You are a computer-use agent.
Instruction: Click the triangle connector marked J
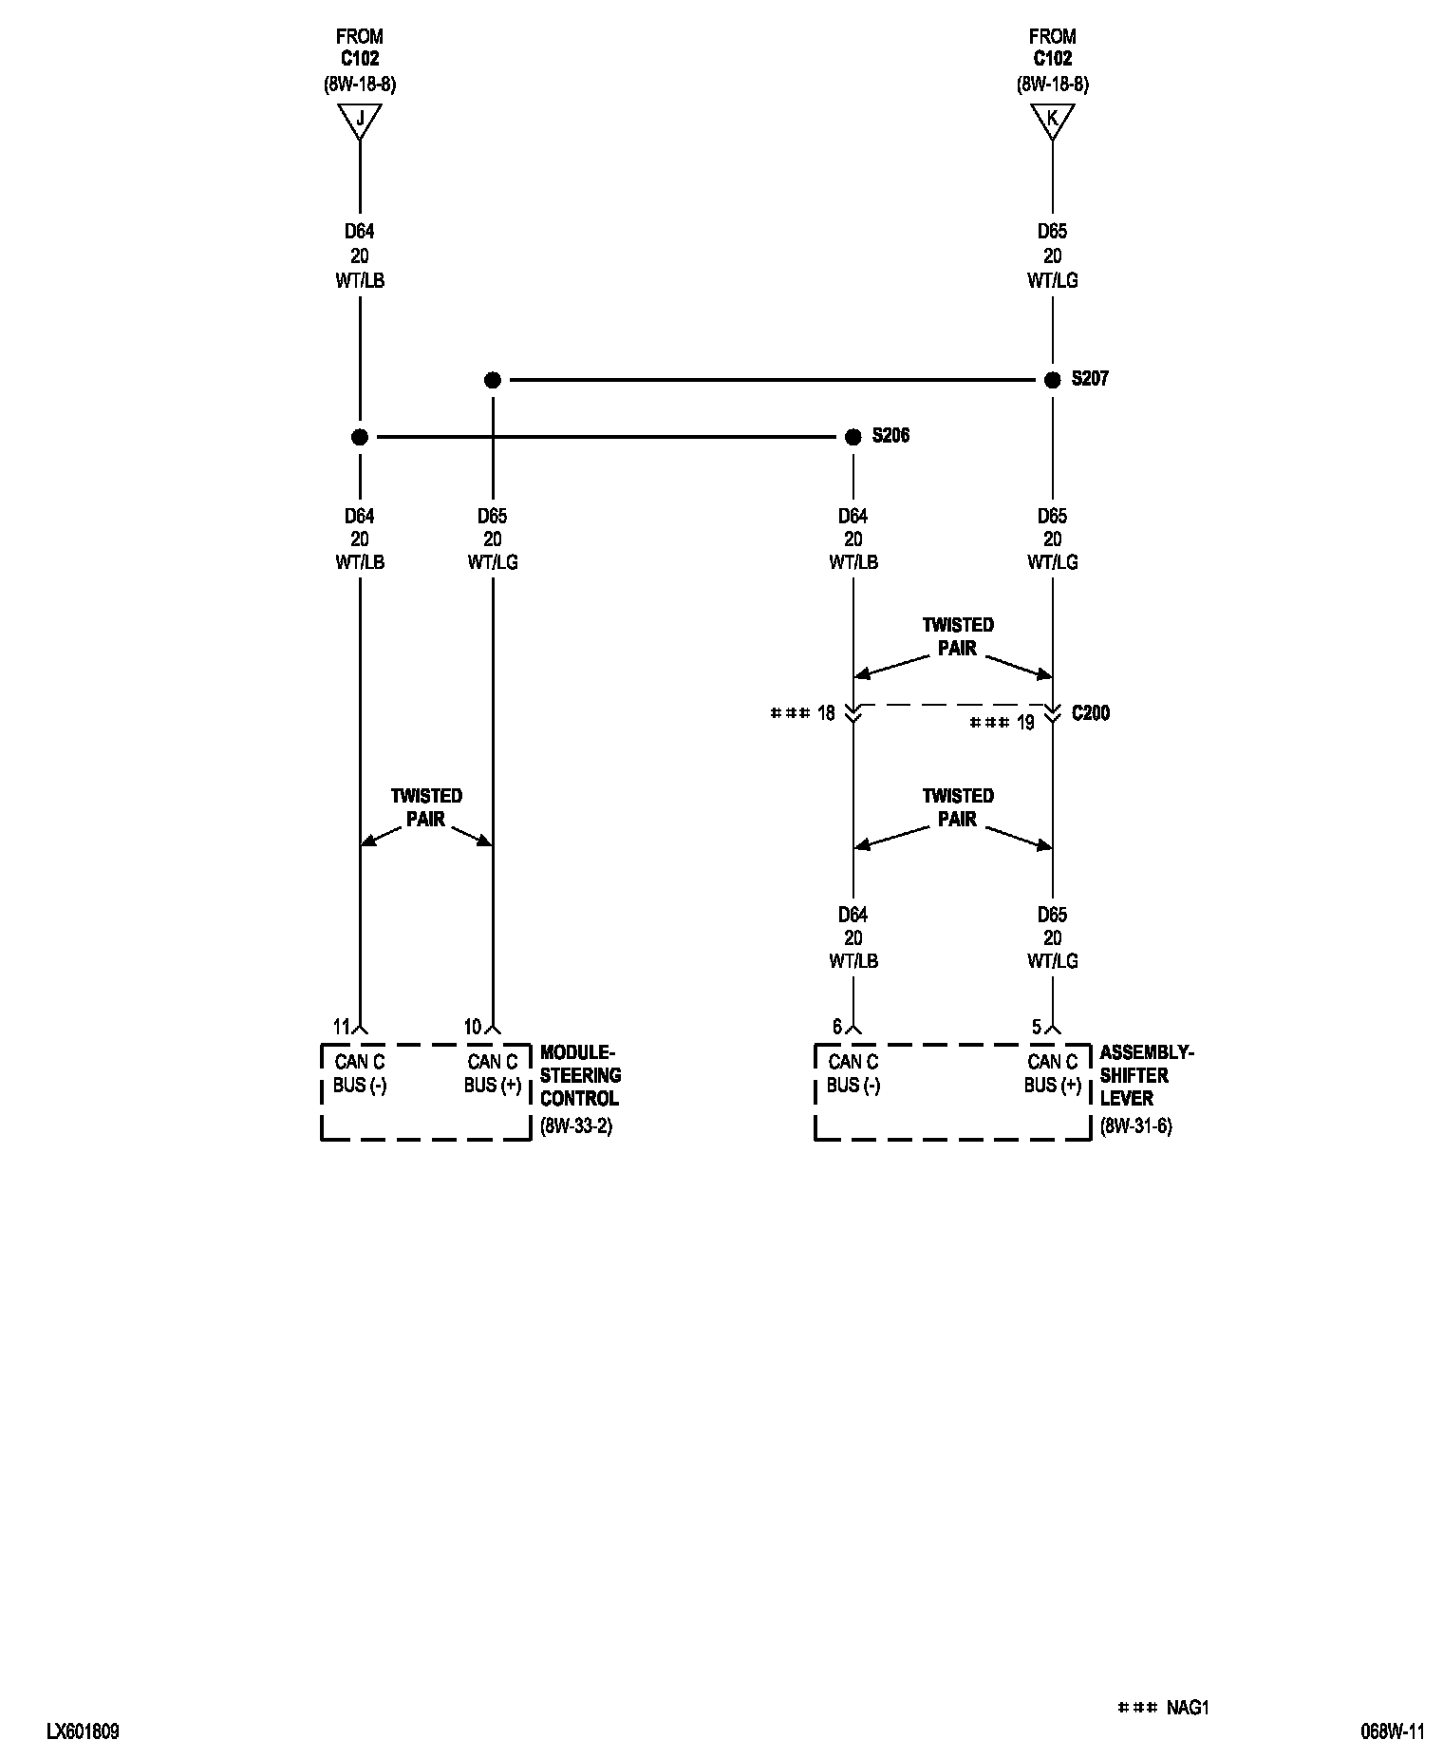pyautogui.click(x=359, y=121)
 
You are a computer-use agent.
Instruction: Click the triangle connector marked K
pyautogui.click(x=1052, y=121)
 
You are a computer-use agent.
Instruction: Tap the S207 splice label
pyautogui.click(x=1090, y=379)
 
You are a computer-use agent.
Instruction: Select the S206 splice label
pyautogui.click(x=890, y=436)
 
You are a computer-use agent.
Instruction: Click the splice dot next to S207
pyautogui.click(x=1052, y=380)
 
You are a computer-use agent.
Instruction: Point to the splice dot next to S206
pyautogui.click(x=853, y=437)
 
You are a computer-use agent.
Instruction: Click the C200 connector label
pyautogui.click(x=1090, y=713)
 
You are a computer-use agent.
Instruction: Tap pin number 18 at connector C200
pyautogui.click(x=825, y=713)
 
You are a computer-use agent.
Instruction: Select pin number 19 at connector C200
pyautogui.click(x=1025, y=723)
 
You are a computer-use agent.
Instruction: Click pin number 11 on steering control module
pyautogui.click(x=342, y=1027)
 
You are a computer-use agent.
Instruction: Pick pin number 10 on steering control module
pyautogui.click(x=473, y=1027)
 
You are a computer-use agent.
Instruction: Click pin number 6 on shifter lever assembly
pyautogui.click(x=837, y=1027)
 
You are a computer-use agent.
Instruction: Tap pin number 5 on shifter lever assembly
pyautogui.click(x=1037, y=1027)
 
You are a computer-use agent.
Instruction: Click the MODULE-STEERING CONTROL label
pyautogui.click(x=580, y=1075)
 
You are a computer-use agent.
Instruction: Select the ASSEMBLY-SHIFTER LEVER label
pyautogui.click(x=1146, y=1075)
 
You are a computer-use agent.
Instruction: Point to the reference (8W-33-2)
pyautogui.click(x=575, y=1127)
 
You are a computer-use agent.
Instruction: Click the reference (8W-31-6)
pyautogui.click(x=1135, y=1127)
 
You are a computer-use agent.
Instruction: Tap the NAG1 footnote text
pyautogui.click(x=1188, y=1708)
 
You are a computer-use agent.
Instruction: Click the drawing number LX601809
pyautogui.click(x=83, y=1731)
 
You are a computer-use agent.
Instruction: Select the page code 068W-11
pyautogui.click(x=1393, y=1731)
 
